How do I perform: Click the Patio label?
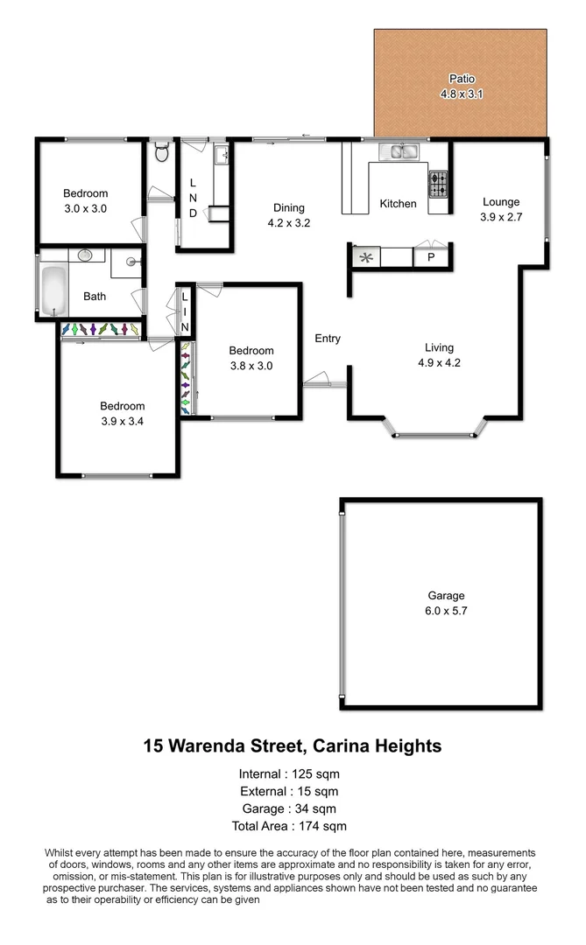[x=462, y=78]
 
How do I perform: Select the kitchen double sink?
[x=403, y=153]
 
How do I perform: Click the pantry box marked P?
[x=430, y=257]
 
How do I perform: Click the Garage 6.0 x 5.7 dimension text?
[x=446, y=612]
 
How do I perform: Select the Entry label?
[x=328, y=339]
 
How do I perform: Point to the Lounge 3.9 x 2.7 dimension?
[x=500, y=218]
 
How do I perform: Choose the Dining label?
[x=289, y=207]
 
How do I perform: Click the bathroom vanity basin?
[x=85, y=255]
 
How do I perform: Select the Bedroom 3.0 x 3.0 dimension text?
[x=85, y=209]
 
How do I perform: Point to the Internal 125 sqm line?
[x=289, y=773]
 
